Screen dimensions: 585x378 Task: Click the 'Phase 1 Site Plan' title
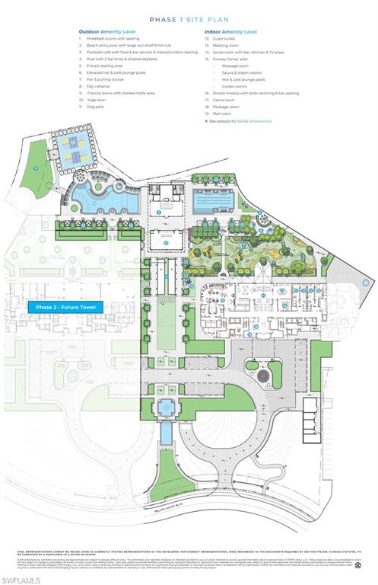point(189,18)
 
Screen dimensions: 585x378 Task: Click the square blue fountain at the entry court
point(165,408)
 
